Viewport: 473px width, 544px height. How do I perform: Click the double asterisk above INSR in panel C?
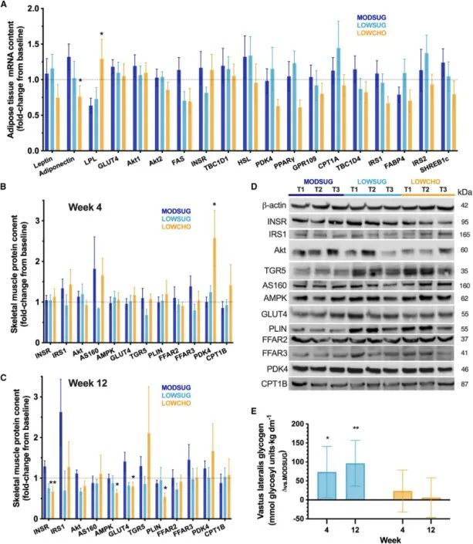pyautogui.click(x=51, y=462)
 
